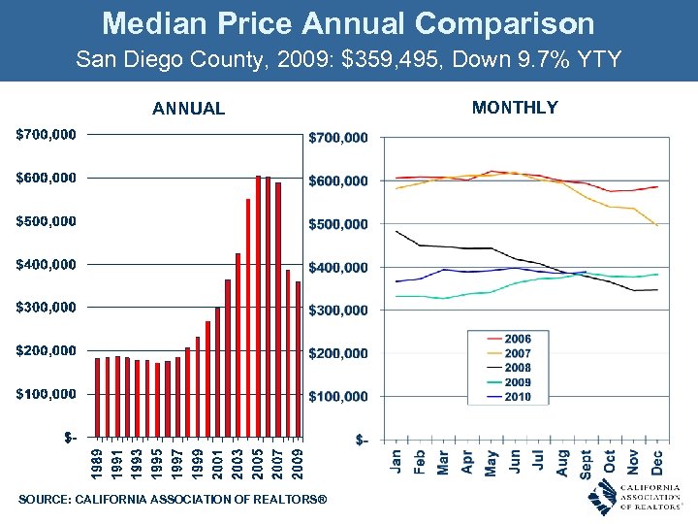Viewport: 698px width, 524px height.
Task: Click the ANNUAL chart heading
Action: pos(188,109)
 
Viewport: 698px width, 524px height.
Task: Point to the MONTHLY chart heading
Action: pos(515,108)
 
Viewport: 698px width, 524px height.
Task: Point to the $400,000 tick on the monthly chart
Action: pos(337,267)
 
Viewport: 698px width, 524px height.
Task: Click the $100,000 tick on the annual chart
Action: pos(47,394)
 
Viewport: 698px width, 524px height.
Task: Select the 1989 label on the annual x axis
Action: pos(98,462)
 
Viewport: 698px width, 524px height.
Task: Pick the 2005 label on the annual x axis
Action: pos(258,462)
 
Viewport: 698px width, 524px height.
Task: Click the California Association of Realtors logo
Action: pos(634,497)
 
